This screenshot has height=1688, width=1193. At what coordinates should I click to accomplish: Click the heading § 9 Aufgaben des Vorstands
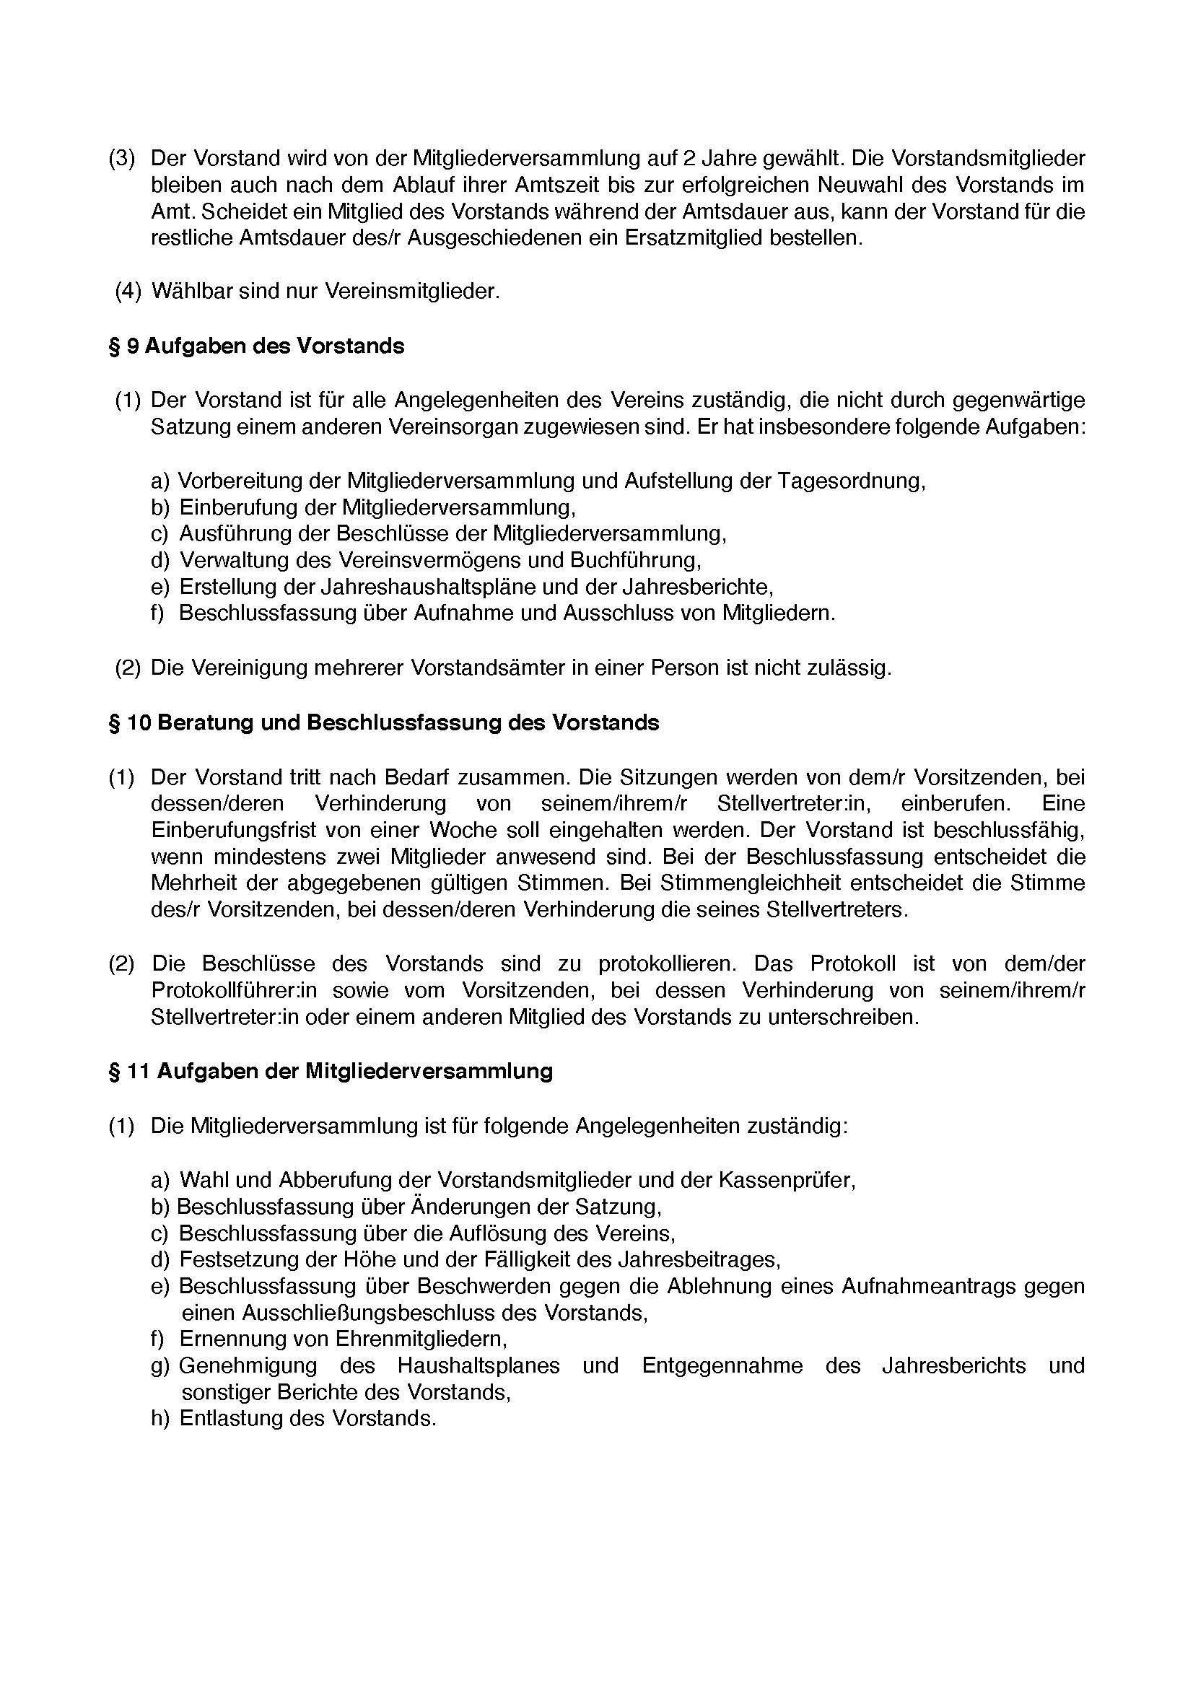pos(256,346)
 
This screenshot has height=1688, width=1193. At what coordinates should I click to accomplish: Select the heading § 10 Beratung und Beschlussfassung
pos(384,722)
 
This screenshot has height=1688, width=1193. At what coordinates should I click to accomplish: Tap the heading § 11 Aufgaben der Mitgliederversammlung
pos(330,1071)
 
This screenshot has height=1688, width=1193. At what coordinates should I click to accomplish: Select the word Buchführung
pos(634,560)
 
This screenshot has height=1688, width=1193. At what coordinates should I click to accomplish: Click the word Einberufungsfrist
pos(234,830)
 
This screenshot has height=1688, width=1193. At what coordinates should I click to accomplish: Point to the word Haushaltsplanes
pos(478,1365)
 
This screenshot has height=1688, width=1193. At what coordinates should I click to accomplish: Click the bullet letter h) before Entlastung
pos(160,1418)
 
